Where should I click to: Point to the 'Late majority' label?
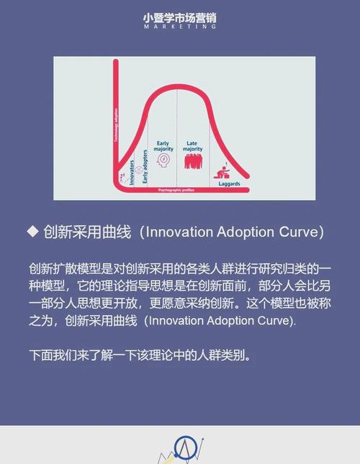click(192, 146)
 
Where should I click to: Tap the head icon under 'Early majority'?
click(165, 161)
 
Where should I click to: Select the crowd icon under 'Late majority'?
click(192, 161)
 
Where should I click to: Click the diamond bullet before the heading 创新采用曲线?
click(32, 231)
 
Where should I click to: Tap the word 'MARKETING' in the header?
click(179, 26)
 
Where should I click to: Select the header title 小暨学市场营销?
click(179, 15)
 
